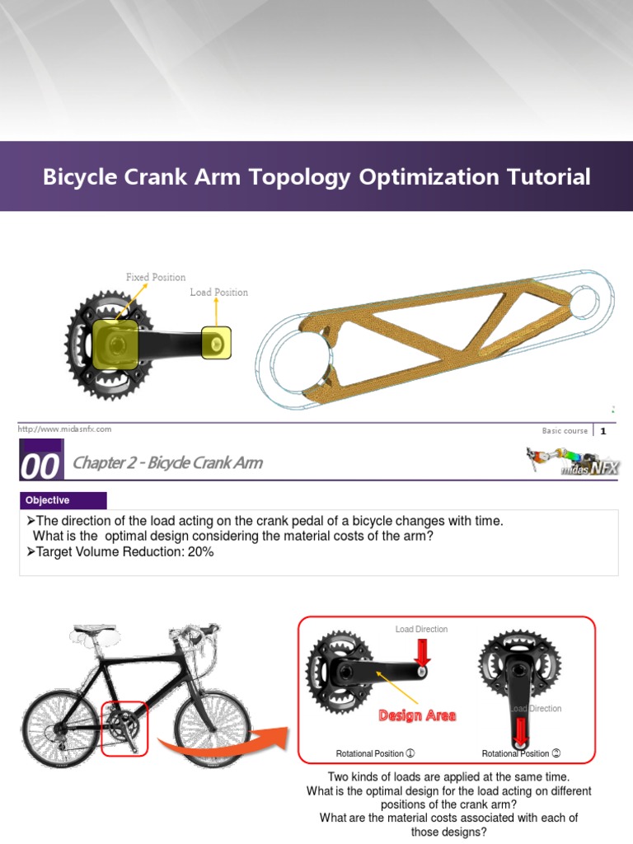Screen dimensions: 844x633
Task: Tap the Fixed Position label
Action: click(156, 277)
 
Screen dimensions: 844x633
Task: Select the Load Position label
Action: click(218, 292)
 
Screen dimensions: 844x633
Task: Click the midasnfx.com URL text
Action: click(64, 429)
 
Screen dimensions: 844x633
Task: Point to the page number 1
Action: click(603, 430)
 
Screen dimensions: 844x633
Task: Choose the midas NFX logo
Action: click(574, 462)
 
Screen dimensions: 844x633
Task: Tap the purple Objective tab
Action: click(63, 500)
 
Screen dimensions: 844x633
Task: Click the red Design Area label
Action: click(417, 715)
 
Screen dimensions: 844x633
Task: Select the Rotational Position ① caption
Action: click(375, 753)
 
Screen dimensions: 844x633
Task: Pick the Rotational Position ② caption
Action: click(521, 753)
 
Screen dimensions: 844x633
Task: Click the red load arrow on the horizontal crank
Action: click(422, 654)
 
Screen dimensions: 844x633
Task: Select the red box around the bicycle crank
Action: click(124, 728)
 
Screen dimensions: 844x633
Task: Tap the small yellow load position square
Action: click(217, 341)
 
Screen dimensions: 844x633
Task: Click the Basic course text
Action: click(565, 430)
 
